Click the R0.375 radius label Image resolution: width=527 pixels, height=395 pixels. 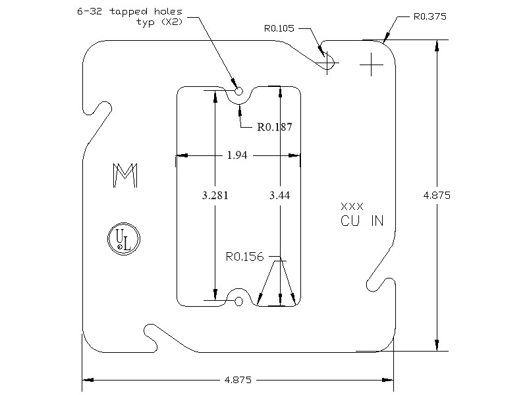(430, 16)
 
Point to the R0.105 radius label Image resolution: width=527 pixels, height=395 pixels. (279, 28)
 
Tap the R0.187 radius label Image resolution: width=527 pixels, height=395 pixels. (274, 126)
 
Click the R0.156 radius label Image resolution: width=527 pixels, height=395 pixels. (245, 257)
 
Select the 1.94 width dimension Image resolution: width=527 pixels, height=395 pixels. (238, 155)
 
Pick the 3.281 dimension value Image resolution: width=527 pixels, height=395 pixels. (215, 196)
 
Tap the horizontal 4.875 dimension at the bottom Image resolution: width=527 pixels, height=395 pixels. (238, 380)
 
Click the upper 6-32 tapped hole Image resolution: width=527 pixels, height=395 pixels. (238, 91)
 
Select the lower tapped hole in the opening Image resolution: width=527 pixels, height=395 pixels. (238, 301)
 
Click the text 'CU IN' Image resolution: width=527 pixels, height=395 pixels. (362, 221)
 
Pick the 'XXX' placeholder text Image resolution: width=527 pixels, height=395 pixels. (352, 207)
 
